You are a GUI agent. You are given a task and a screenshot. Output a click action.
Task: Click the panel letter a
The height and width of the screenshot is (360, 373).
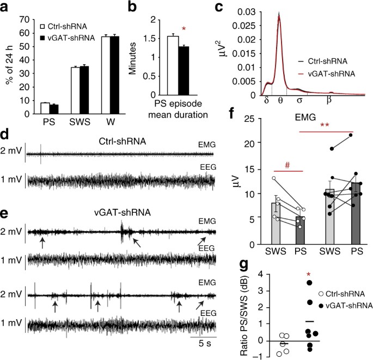pos(5,7)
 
